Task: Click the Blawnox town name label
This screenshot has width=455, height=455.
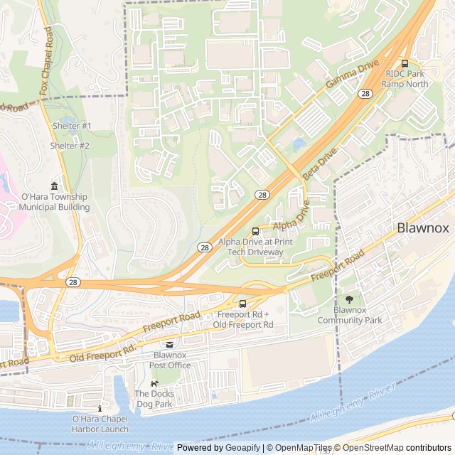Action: coord(422,228)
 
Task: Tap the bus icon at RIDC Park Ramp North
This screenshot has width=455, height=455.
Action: coord(405,63)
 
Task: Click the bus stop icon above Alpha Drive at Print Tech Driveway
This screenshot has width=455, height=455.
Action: coord(255,231)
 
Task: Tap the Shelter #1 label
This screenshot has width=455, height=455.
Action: coord(72,126)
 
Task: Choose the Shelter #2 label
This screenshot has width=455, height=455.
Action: coord(70,146)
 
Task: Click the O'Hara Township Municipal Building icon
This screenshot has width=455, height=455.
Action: coord(55,186)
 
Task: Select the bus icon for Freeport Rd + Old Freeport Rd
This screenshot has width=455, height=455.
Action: coord(244,304)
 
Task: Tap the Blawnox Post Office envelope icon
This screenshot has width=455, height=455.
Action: coord(169,344)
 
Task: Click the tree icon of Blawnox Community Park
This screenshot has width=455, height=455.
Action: coord(349,299)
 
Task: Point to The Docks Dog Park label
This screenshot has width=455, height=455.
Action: coord(154,398)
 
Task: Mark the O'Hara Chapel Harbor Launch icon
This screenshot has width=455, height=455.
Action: coord(100,409)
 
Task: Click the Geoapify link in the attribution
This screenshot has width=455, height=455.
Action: coord(243,448)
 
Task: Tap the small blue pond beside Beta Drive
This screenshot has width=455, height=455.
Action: coord(299,145)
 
